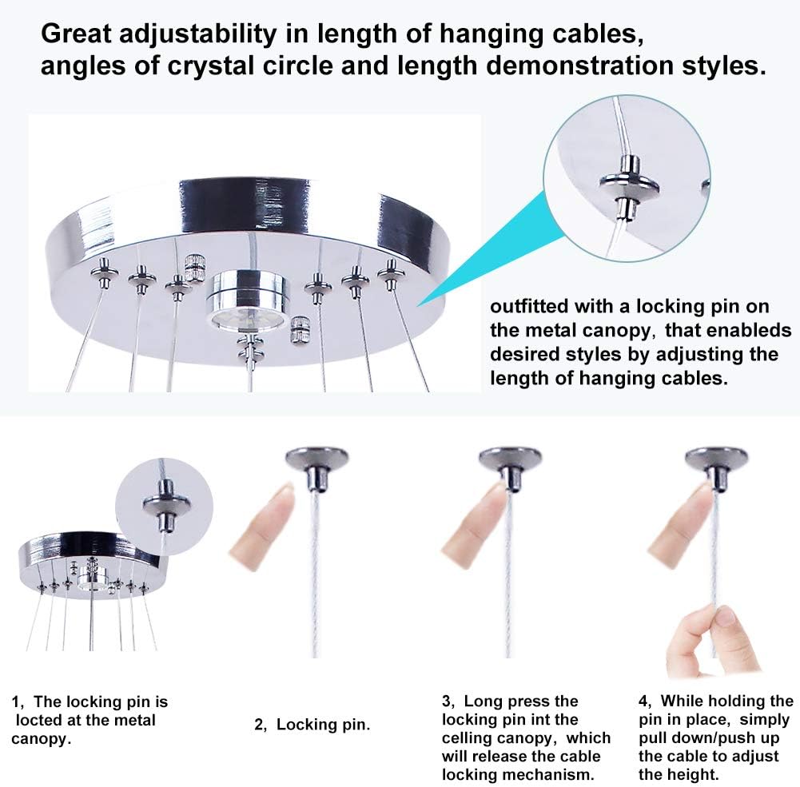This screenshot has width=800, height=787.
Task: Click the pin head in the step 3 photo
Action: tap(503, 460)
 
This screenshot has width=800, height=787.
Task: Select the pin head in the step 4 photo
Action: tap(717, 460)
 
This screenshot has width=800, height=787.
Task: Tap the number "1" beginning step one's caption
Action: tap(16, 702)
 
